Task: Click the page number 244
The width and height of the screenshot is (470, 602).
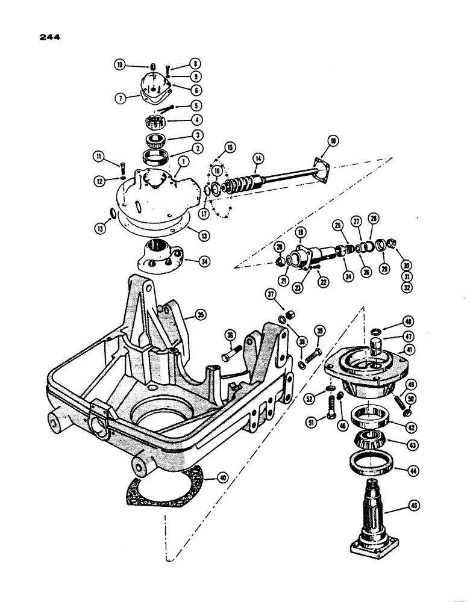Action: [x=49, y=37]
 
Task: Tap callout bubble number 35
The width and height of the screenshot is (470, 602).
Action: [x=195, y=314]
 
